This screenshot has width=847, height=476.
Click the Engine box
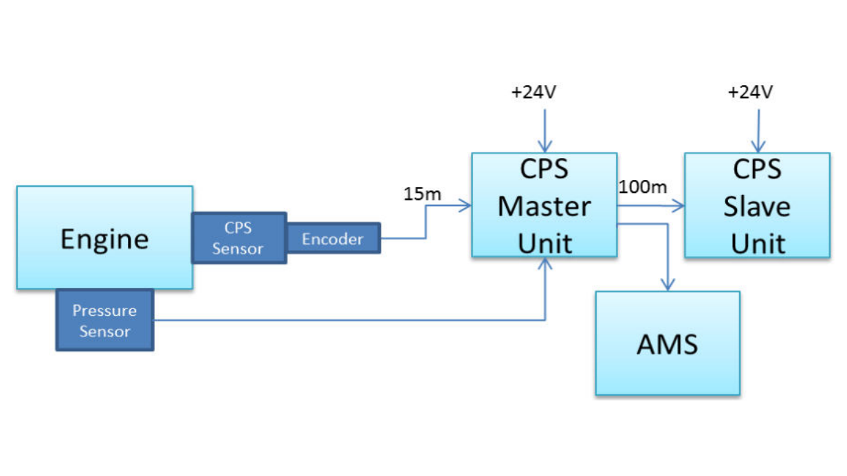tap(104, 237)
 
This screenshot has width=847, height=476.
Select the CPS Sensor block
tap(238, 238)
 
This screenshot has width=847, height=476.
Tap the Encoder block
tap(333, 238)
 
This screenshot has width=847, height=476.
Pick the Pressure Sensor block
tap(104, 320)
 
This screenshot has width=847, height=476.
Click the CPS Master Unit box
tap(544, 205)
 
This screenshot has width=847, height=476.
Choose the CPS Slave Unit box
tap(757, 205)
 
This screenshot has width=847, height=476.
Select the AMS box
tap(667, 343)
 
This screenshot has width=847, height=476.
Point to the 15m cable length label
tap(422, 194)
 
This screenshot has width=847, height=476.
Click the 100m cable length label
tap(642, 186)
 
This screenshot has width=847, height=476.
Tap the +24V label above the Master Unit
tap(533, 92)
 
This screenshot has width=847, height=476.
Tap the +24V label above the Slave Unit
tap(751, 92)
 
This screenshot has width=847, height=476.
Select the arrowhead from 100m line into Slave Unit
tap(679, 205)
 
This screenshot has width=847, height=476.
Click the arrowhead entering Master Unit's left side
tap(465, 205)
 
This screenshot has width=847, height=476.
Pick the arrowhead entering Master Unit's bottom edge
tap(544, 263)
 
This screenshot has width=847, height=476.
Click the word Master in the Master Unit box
tap(544, 205)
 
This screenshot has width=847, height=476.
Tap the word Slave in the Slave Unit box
tap(757, 205)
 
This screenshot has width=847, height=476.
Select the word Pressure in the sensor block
tap(104, 310)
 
